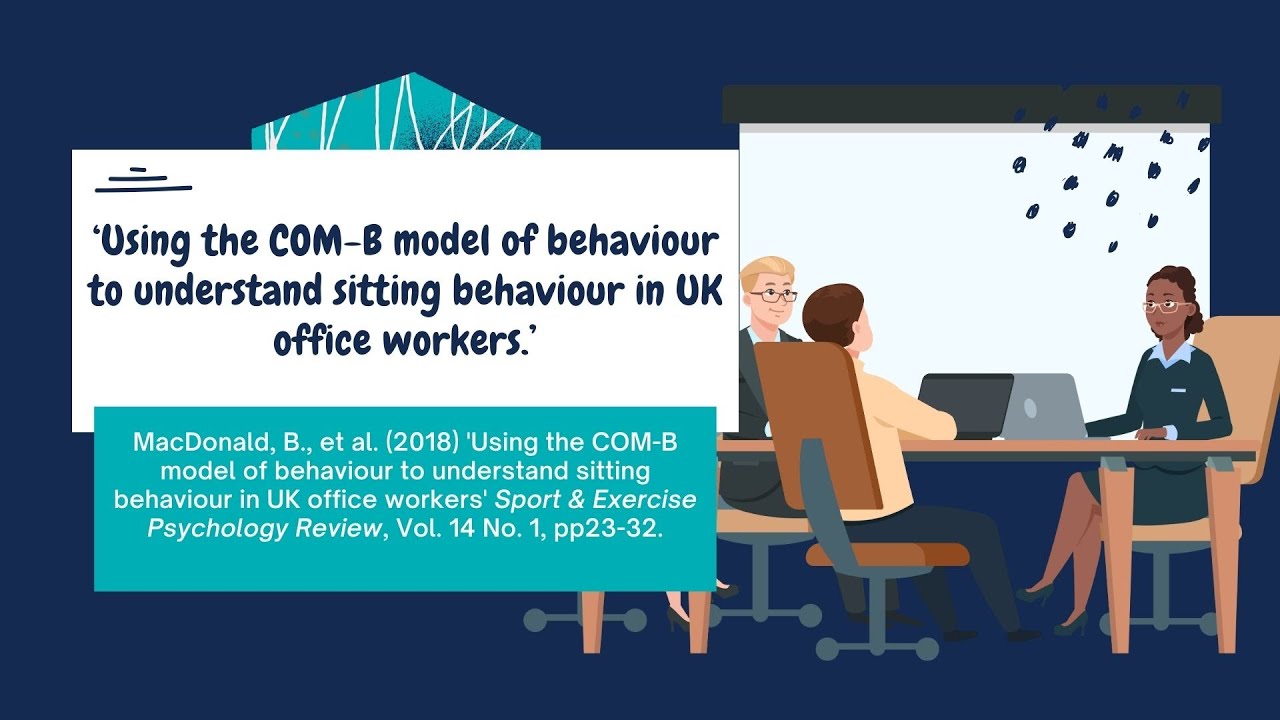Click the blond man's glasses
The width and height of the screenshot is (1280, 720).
click(773, 296)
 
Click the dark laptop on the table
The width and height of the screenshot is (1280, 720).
click(965, 405)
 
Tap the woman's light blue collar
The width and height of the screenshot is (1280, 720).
click(1170, 351)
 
